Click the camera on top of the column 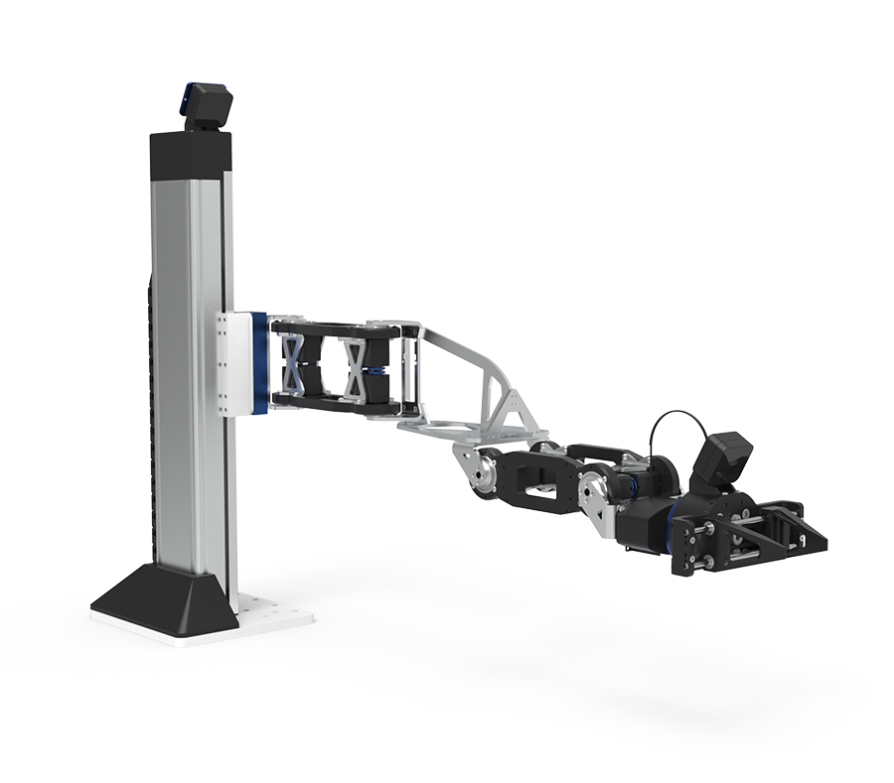(x=207, y=105)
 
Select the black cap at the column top (x=191, y=151)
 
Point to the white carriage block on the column (x=234, y=363)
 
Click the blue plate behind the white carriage (x=259, y=363)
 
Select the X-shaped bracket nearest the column (x=295, y=363)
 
